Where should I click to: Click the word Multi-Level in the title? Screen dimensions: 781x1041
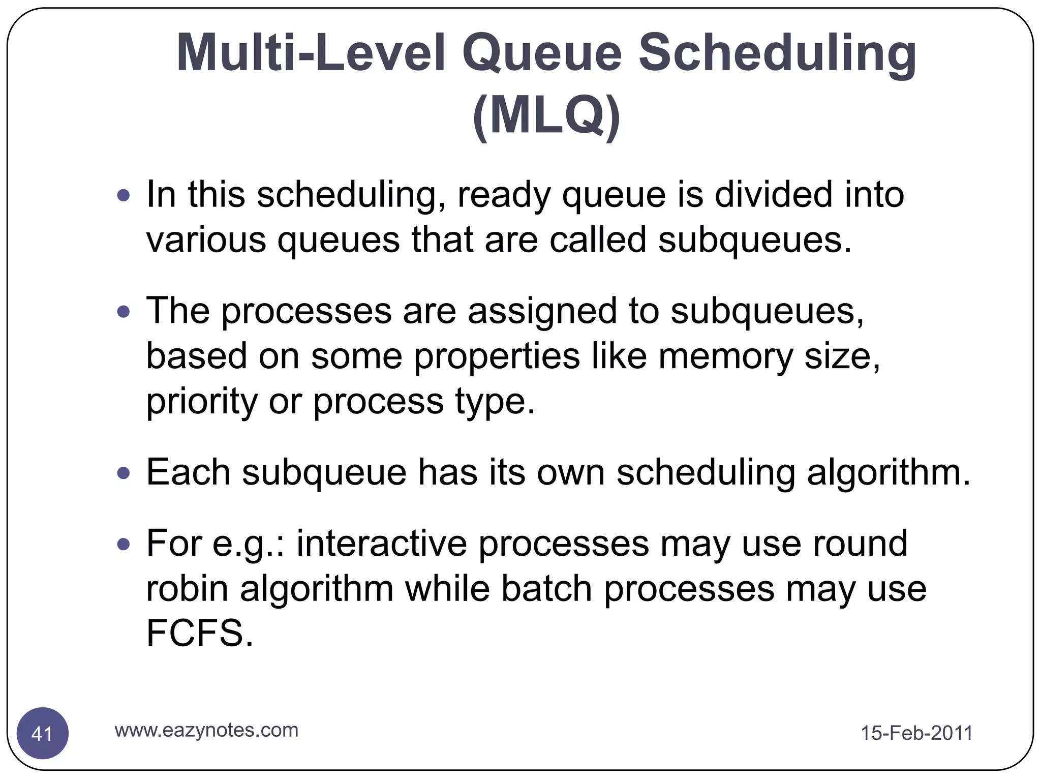point(311,53)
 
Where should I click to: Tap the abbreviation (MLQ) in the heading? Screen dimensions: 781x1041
point(546,116)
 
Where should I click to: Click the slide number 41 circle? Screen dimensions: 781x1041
point(43,733)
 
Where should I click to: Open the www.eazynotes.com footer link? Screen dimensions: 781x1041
point(206,730)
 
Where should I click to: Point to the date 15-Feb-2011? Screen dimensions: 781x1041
point(916,733)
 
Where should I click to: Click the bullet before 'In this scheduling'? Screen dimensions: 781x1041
point(124,195)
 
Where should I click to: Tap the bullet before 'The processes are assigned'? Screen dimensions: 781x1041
point(124,311)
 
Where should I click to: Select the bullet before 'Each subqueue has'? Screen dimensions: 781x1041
point(124,473)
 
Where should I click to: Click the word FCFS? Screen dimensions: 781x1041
point(198,634)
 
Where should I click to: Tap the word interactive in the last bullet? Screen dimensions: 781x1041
point(382,544)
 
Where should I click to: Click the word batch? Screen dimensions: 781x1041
point(546,589)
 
